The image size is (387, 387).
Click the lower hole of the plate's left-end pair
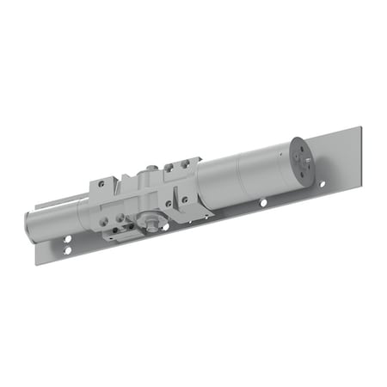pos(67,251)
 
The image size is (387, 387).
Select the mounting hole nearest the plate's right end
pos(322,185)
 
